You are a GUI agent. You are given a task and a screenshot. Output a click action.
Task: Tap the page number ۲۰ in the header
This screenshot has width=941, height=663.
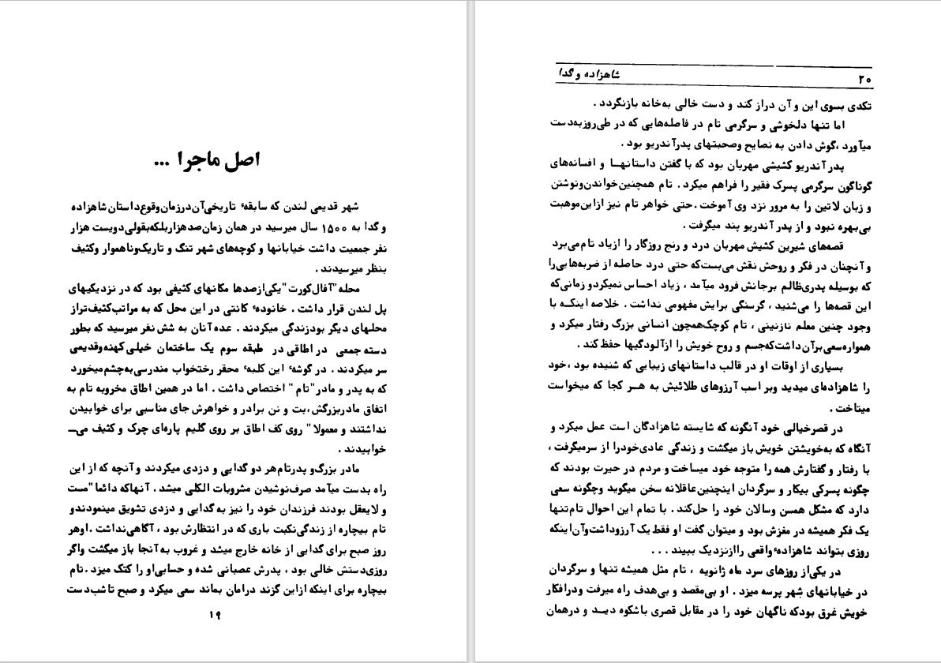[863, 79]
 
